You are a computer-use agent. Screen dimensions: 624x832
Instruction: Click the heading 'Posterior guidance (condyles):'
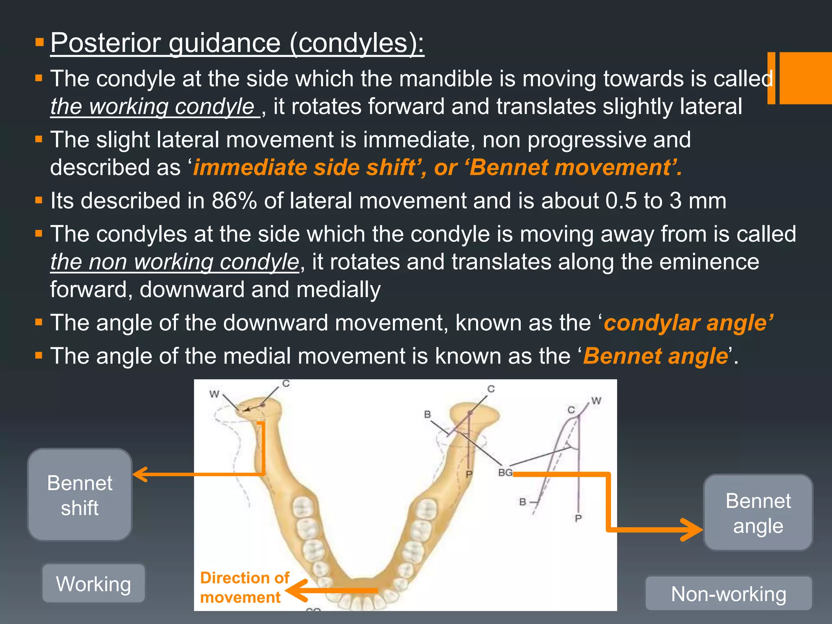(237, 43)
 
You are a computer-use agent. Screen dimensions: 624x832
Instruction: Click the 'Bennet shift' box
(80, 495)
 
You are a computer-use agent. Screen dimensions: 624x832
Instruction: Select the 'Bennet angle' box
(758, 513)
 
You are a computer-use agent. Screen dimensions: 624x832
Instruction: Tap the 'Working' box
(93, 583)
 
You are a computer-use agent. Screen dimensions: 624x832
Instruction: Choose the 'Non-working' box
(728, 594)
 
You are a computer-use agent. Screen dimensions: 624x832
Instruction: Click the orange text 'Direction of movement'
(244, 587)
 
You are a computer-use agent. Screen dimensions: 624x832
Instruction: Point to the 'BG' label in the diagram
(505, 472)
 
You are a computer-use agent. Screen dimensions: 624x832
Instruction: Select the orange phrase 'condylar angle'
(688, 323)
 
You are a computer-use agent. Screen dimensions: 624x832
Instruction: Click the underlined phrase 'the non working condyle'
(175, 262)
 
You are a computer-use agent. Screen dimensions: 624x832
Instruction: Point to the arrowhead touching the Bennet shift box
(140, 474)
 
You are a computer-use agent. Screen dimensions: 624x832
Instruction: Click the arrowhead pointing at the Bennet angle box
(693, 529)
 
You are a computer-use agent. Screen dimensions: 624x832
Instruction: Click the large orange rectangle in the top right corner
(805, 78)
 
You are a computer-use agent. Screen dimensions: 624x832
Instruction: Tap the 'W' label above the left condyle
(214, 394)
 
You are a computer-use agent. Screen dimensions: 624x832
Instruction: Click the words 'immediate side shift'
(303, 167)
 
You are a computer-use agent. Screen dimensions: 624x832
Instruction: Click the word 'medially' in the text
(338, 290)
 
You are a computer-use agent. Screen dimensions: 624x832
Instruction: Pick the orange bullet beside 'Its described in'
(39, 200)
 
